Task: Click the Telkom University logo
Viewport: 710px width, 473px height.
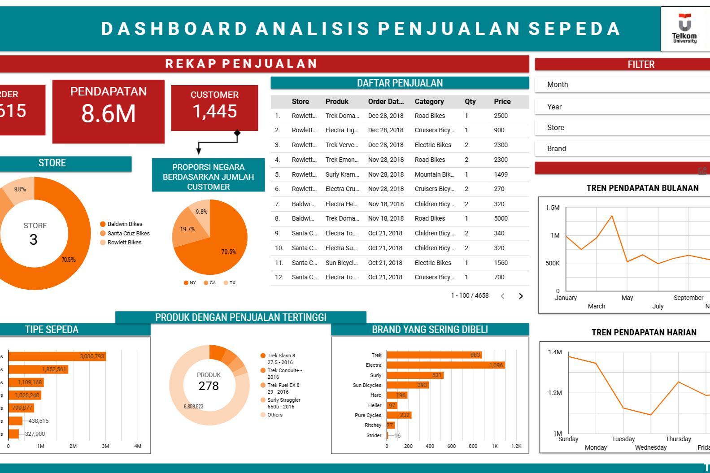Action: point(684,29)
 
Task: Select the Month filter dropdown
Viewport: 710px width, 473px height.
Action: point(623,85)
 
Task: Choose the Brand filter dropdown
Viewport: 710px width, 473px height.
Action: point(623,149)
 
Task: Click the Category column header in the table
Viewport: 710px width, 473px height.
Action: point(429,102)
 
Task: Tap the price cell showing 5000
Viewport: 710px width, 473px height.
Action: point(501,219)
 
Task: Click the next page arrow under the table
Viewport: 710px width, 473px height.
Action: point(521,296)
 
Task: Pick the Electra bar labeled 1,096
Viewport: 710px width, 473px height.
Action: point(445,365)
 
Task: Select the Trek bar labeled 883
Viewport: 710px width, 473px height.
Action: point(434,355)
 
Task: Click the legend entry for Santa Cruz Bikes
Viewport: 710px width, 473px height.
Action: point(128,234)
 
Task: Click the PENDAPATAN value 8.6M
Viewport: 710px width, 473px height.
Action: point(109,113)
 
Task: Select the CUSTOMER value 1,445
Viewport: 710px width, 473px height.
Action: point(214,111)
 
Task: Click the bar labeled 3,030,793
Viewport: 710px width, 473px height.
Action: point(57,356)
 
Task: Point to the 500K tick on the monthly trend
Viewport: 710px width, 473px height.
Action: point(553,264)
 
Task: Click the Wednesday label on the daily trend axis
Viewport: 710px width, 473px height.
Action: point(651,447)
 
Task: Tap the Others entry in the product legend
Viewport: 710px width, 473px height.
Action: point(274,415)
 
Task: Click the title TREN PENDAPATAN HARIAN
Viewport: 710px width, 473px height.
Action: point(644,333)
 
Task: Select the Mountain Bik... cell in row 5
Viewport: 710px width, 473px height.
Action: point(434,175)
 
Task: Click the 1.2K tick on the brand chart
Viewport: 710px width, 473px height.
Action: point(516,447)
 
